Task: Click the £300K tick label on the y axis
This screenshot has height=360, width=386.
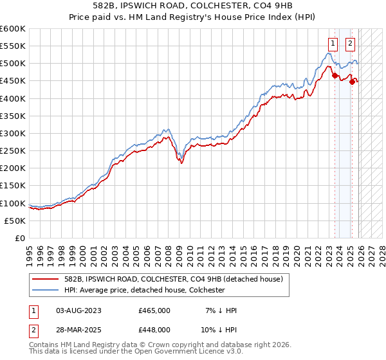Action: click(13, 133)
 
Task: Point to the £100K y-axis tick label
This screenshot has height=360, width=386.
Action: click(13, 203)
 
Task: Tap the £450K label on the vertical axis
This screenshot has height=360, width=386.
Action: click(13, 81)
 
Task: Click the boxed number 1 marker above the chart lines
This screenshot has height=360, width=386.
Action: click(333, 44)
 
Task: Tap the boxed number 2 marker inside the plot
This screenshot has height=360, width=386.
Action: click(350, 44)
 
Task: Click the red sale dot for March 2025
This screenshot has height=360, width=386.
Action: click(352, 82)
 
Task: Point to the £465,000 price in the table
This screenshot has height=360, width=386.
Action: click(154, 310)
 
